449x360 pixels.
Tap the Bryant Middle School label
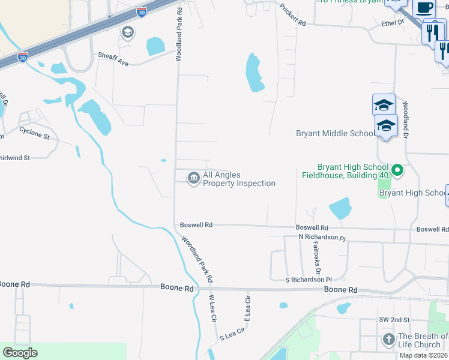coord(335,133)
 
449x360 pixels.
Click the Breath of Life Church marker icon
coord(388,340)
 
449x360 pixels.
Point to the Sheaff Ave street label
coord(113,55)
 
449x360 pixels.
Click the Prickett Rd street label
coord(293,16)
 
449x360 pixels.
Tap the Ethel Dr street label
coord(394,22)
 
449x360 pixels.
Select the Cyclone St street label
coord(34,132)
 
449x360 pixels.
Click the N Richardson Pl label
coord(322,237)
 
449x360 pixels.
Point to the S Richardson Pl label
coord(309,280)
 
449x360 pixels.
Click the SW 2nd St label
coord(393,320)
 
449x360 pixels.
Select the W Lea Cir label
coord(212,308)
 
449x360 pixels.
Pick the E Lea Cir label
coord(247,307)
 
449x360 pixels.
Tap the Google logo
coord(20,353)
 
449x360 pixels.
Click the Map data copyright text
coord(423,355)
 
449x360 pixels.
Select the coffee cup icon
coord(424,8)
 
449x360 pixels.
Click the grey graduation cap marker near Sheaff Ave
coord(127,32)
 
